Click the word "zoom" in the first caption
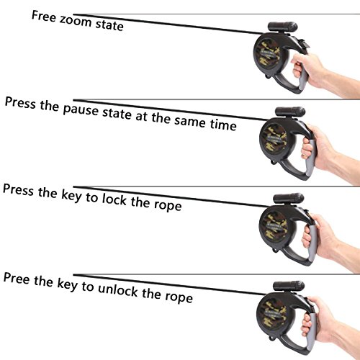coord(76,21)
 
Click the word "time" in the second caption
coord(223,125)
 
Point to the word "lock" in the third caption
coord(114,199)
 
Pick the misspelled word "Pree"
coord(17,279)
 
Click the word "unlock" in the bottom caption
coord(118,289)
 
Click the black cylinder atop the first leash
coord(283,27)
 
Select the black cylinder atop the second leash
coord(290,112)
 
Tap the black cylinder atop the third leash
coord(289,198)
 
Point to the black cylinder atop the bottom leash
coord(289,286)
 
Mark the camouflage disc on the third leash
coord(274,226)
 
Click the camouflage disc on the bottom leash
coord(272,314)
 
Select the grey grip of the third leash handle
coord(312,243)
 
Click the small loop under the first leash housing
coord(268,77)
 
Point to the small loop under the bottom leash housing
coord(271,338)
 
